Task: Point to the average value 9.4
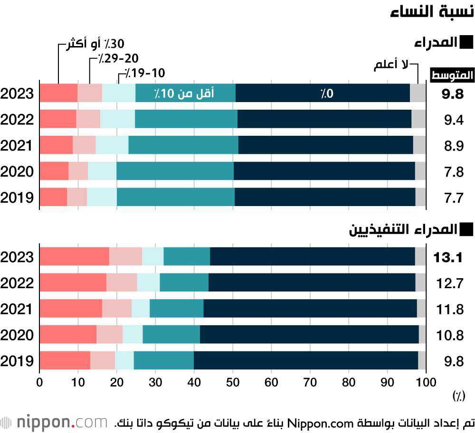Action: (454, 120)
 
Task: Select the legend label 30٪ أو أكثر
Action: (94, 45)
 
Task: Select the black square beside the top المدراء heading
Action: (467, 43)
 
